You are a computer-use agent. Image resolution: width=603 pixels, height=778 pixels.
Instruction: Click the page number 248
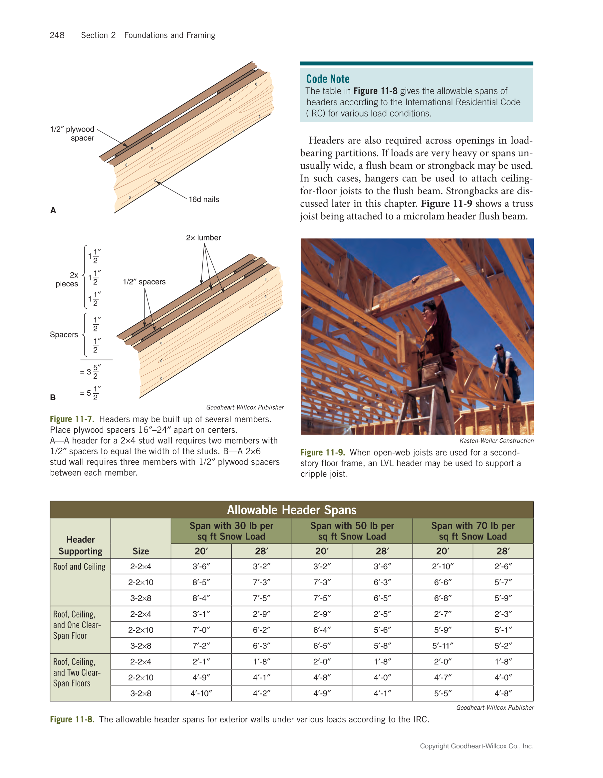point(57,35)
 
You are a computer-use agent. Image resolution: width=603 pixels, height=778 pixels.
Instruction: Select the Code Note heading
point(328,79)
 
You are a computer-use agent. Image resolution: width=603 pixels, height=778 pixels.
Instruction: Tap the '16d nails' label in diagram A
point(204,199)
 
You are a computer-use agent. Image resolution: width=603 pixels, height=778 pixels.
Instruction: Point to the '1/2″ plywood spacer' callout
point(72,134)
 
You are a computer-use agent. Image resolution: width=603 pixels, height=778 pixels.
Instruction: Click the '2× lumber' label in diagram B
point(203,237)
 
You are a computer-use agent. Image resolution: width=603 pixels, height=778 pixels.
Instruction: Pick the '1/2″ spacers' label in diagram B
point(144,282)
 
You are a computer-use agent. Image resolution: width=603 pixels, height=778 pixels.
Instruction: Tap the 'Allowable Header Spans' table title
point(291,510)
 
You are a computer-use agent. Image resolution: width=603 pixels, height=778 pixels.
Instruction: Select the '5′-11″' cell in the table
point(443,646)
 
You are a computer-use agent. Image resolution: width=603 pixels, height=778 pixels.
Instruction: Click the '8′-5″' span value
point(201,583)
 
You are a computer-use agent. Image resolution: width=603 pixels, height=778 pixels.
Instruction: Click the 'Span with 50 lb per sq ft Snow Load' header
point(352,531)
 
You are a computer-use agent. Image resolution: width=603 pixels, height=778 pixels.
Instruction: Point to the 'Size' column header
point(141,551)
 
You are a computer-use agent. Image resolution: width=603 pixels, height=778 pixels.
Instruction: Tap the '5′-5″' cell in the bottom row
point(443,693)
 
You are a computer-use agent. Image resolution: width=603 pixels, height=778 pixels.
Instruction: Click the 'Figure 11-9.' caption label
point(323,452)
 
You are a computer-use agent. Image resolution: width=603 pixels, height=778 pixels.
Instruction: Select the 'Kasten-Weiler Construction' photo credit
point(496,441)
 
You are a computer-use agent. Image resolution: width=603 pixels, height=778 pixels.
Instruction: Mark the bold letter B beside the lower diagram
point(53,398)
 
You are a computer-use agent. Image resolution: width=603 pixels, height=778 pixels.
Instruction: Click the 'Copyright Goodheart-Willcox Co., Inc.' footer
point(476,746)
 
